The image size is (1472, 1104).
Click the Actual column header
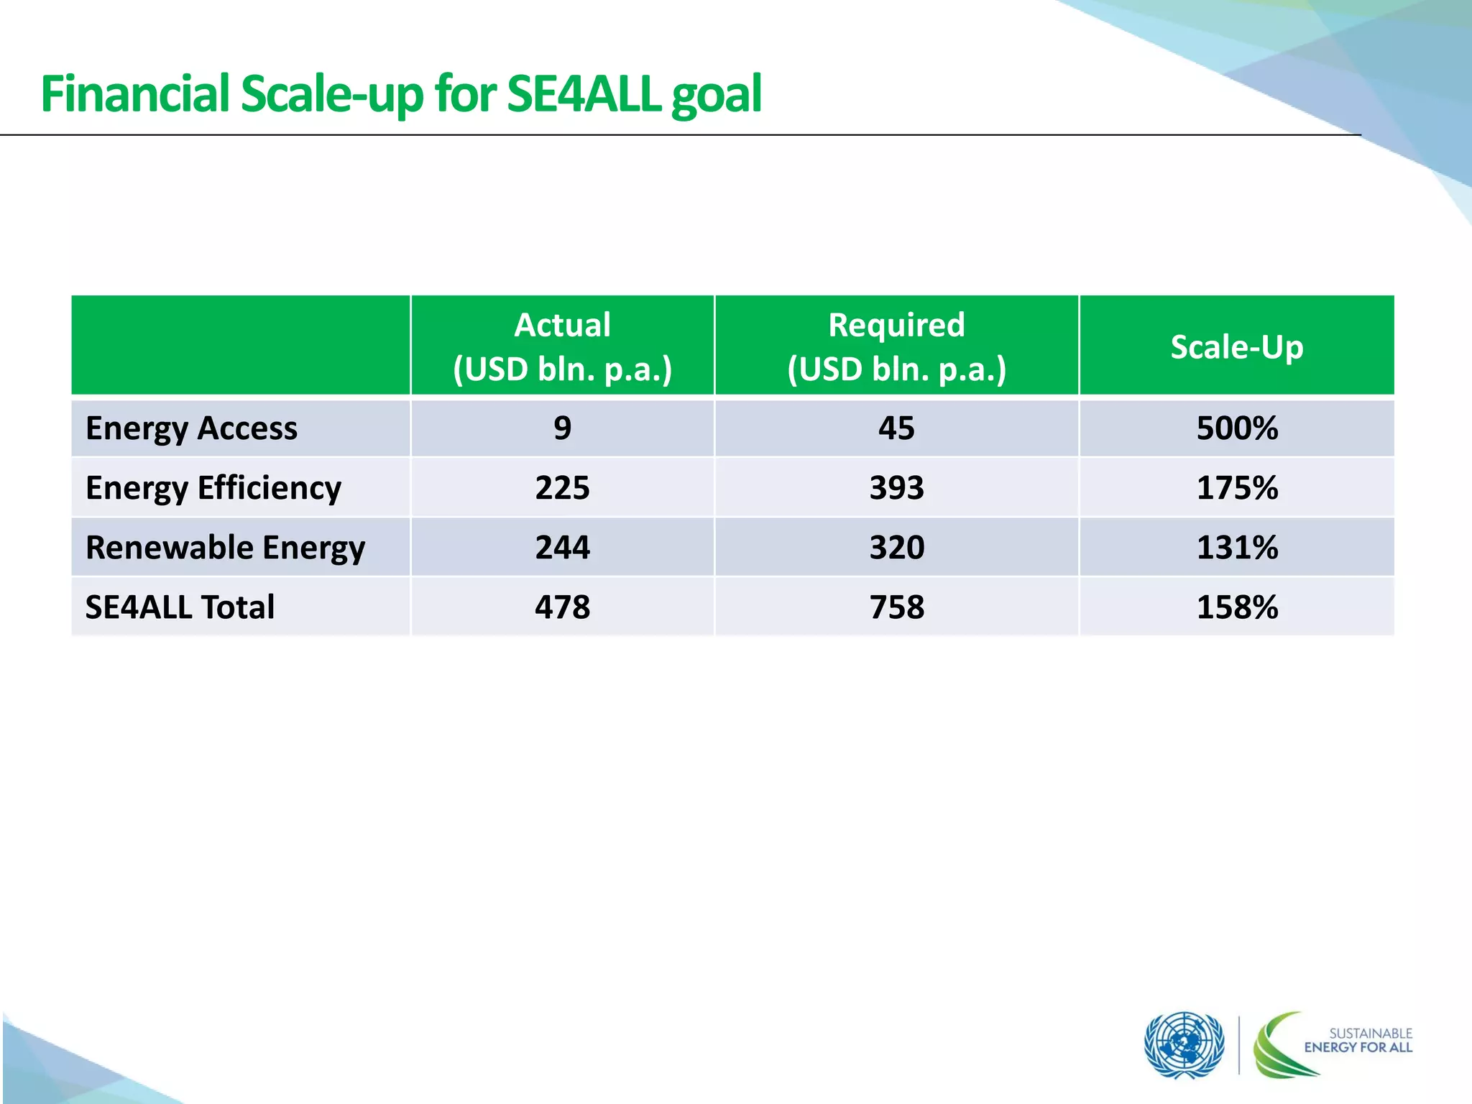(x=562, y=346)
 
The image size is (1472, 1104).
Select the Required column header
(x=896, y=346)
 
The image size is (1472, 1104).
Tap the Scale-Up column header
(x=1236, y=346)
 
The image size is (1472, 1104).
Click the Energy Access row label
(x=191, y=428)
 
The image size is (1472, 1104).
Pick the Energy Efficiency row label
(x=213, y=488)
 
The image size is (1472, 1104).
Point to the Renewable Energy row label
(x=225, y=548)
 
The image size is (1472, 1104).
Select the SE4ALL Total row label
(x=180, y=607)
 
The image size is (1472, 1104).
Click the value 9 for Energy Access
(x=562, y=428)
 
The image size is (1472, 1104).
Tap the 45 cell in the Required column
(x=896, y=428)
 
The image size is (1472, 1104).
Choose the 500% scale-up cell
(x=1237, y=428)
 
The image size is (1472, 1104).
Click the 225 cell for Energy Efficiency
(x=562, y=488)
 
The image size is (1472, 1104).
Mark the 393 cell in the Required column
(x=896, y=488)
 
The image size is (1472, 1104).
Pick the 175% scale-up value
(x=1237, y=488)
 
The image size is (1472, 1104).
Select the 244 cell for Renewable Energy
(x=562, y=548)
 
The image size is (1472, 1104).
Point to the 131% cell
(x=1237, y=548)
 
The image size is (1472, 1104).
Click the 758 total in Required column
(x=896, y=607)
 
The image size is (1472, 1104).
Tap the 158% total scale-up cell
(x=1237, y=607)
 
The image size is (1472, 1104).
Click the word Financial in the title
(x=134, y=94)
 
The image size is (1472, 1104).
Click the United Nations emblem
(x=1184, y=1045)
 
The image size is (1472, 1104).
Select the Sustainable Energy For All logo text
(x=1358, y=1040)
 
